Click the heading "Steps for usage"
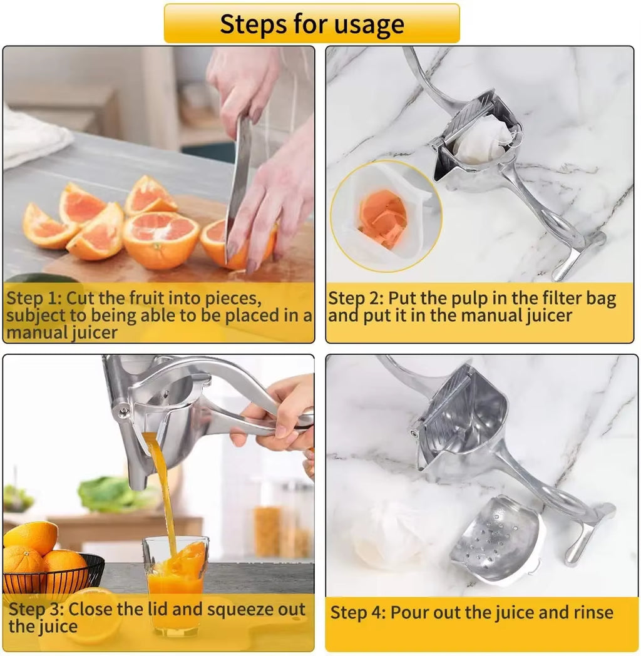(x=312, y=24)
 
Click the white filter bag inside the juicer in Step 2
(x=482, y=141)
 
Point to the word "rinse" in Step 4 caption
(x=590, y=612)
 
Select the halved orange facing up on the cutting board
(x=161, y=238)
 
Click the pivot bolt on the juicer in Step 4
(x=414, y=433)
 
